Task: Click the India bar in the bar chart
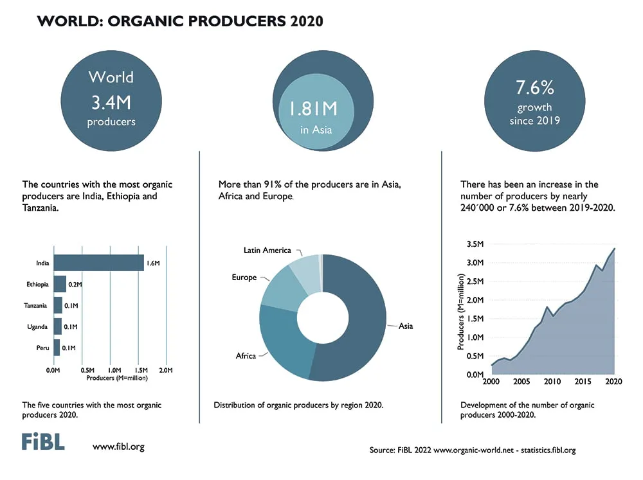tap(99, 263)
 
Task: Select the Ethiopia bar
tap(60, 284)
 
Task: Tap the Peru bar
tap(57, 348)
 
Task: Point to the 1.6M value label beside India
tap(153, 263)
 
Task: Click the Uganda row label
tap(37, 326)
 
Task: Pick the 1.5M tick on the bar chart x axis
tap(141, 370)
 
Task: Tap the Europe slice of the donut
tap(283, 289)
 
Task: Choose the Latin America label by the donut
tap(267, 250)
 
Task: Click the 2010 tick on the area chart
tap(552, 382)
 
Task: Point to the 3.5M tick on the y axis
tap(475, 244)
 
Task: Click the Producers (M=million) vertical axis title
tap(461, 312)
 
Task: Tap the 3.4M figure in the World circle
tap(111, 102)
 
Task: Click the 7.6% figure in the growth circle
tap(535, 87)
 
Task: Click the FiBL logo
tap(43, 442)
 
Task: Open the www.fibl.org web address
tap(118, 447)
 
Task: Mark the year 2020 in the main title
tap(307, 21)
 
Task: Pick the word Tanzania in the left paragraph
tap(40, 208)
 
